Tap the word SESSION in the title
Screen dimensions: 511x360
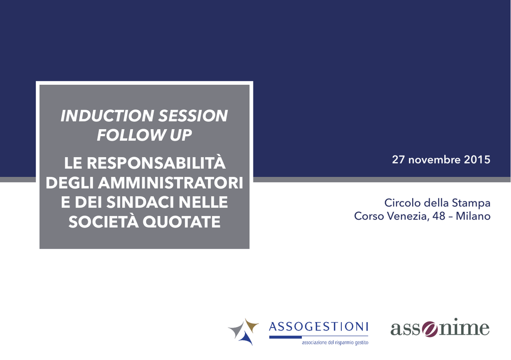coord(193,116)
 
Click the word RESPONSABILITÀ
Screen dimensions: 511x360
coord(156,163)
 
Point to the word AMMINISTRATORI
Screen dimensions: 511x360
coord(171,182)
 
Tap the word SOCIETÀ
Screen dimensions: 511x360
coord(103,222)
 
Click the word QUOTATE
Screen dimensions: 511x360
coord(182,222)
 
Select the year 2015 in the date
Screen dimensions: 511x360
coord(477,160)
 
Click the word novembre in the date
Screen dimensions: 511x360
coord(435,160)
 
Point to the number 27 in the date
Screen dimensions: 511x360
coord(398,160)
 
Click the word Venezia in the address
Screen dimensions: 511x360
coord(408,216)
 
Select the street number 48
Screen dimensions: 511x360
coord(439,216)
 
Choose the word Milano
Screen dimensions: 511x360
coord(473,216)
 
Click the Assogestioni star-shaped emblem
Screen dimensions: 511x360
coord(243,332)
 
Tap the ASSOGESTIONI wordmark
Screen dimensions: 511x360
coord(318,326)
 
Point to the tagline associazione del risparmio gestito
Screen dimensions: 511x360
coord(335,343)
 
